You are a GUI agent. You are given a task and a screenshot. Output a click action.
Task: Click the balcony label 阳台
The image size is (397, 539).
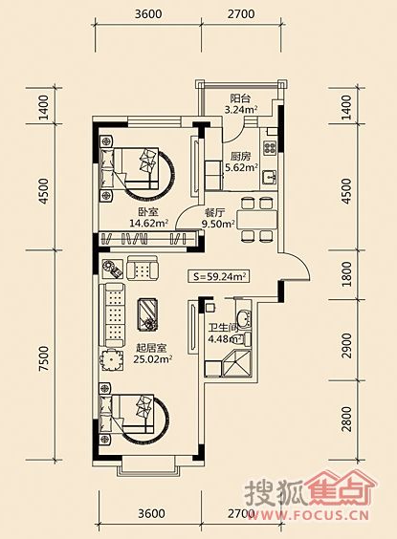click(x=240, y=99)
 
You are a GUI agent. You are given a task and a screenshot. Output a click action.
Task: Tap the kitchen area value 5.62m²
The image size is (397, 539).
click(x=241, y=168)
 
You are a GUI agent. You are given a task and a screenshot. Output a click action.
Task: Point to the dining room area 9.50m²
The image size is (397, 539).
click(x=218, y=225)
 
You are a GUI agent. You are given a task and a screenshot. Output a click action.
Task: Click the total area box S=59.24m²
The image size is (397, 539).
click(x=218, y=276)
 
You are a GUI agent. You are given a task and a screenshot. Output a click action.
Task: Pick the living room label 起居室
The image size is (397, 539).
click(x=152, y=348)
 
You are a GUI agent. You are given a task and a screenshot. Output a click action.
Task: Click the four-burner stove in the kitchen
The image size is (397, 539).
click(x=270, y=147)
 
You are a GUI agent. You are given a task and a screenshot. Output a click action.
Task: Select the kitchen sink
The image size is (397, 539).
click(x=270, y=178)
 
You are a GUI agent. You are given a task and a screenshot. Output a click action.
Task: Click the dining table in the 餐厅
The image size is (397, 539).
click(x=259, y=219)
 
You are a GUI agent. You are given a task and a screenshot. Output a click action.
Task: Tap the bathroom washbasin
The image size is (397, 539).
click(x=244, y=318)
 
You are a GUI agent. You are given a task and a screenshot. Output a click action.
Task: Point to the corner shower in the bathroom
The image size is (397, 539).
click(x=237, y=364)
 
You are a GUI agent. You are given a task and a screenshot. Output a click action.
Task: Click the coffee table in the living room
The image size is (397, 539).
click(x=147, y=314)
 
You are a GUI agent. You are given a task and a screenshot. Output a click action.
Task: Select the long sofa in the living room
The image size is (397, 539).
click(x=112, y=314)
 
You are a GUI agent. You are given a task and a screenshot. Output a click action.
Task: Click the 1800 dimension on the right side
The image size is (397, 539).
click(x=346, y=274)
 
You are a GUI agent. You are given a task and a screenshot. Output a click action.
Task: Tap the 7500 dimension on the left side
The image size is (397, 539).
click(x=44, y=358)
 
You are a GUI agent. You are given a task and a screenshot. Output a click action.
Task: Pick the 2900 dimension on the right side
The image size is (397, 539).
click(x=346, y=345)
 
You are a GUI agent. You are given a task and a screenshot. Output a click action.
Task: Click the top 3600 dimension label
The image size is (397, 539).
click(x=148, y=14)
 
